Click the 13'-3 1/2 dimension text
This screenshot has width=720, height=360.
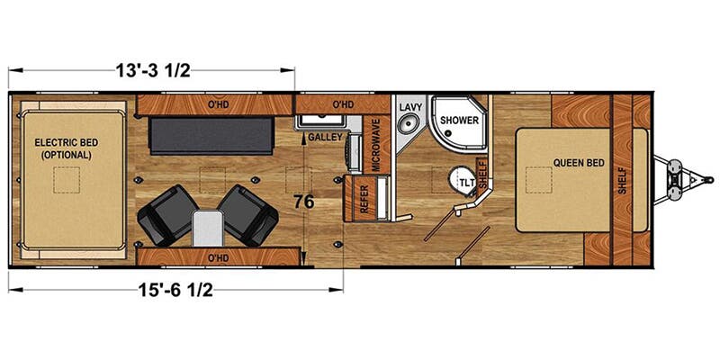[152, 67]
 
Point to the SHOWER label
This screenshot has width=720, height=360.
[459, 120]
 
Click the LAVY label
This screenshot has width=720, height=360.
[410, 106]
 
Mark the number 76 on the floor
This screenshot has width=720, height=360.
[303, 202]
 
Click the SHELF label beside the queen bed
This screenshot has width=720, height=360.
[622, 182]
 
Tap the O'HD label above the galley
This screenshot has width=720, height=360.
[342, 105]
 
